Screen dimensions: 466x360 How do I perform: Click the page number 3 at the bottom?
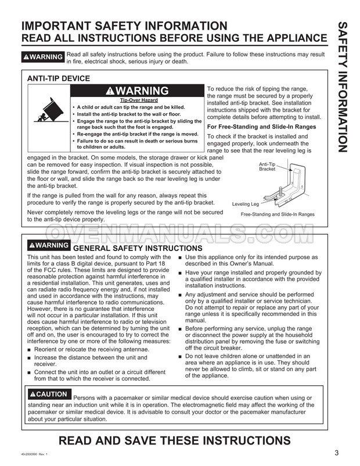(x=337, y=453)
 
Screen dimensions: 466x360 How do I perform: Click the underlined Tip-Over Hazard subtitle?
(x=137, y=101)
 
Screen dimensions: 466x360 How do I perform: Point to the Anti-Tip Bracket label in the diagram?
(x=267, y=167)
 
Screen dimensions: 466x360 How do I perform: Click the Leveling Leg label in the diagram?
(x=245, y=204)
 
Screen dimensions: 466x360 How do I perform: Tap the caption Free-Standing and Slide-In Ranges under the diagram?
(x=278, y=214)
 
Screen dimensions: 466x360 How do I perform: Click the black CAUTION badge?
(x=49, y=394)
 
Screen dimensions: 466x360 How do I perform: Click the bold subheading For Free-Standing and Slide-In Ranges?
(x=261, y=127)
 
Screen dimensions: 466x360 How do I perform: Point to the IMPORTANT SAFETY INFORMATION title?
(x=124, y=26)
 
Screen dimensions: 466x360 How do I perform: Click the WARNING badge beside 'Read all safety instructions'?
(x=42, y=57)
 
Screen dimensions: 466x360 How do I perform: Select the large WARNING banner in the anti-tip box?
(x=138, y=91)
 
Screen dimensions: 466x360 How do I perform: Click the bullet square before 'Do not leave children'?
(x=181, y=356)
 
